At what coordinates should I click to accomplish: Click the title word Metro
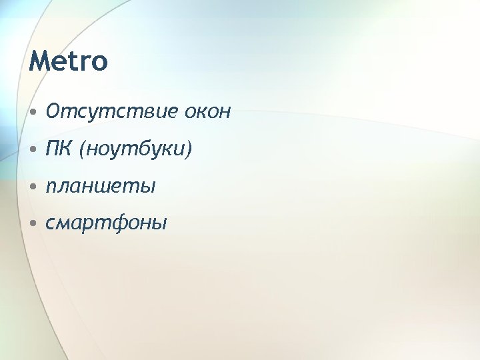click(x=68, y=61)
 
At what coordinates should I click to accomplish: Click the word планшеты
click(x=101, y=186)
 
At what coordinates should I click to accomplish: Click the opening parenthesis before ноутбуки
click(x=82, y=149)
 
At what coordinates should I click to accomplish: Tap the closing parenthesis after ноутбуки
click(x=189, y=149)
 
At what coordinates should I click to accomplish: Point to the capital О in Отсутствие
click(x=53, y=111)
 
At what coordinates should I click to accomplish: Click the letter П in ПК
click(x=52, y=149)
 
